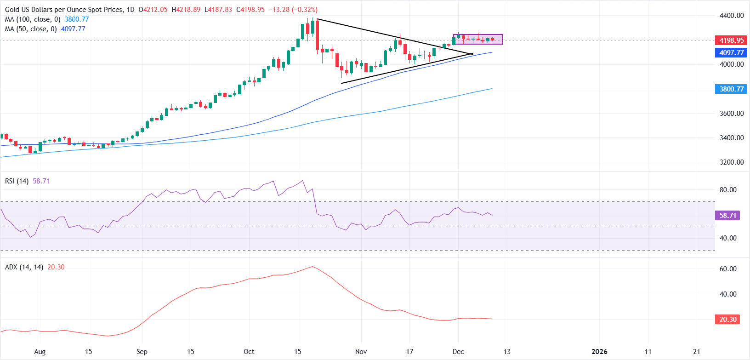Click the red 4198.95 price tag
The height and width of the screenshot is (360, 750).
(731, 40)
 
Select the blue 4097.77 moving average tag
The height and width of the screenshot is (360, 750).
(731, 53)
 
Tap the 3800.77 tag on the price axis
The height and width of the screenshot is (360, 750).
(731, 89)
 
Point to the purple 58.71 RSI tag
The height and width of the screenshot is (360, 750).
(727, 216)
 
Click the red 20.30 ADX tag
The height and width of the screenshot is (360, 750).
(727, 320)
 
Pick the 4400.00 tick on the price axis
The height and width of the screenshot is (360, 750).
(731, 16)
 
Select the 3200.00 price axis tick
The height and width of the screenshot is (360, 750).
(731, 162)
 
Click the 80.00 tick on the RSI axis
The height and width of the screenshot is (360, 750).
(728, 190)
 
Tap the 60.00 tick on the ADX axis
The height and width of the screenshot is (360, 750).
(728, 269)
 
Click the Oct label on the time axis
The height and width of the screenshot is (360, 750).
(249, 352)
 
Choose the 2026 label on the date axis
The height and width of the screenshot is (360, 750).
(599, 352)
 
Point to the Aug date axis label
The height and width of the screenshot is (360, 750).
(40, 352)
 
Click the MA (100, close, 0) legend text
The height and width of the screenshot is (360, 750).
(33, 19)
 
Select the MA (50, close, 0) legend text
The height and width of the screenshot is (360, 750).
(31, 29)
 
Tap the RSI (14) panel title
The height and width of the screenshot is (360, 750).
(17, 181)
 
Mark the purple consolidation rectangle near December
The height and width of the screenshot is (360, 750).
(478, 39)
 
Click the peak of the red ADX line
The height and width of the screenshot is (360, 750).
(312, 267)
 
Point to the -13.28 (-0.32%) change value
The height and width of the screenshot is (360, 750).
(292, 10)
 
